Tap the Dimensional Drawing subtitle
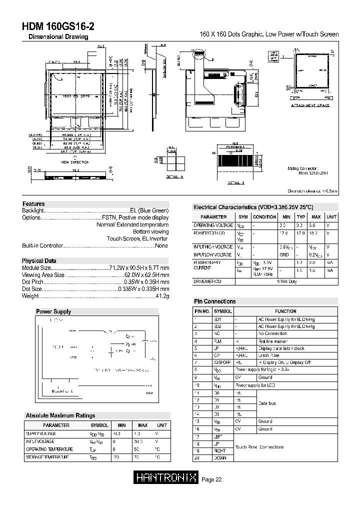[x=58, y=37]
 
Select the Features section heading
[x=33, y=204]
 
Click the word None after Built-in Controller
[x=161, y=246]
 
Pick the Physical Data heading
[x=39, y=261]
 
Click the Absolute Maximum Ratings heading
[x=60, y=415]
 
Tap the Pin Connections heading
[x=214, y=301]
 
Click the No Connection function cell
[x=272, y=333]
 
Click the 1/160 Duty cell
[x=286, y=282]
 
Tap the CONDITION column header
[x=264, y=217]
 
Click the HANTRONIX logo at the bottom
[x=166, y=479]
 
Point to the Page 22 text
[x=211, y=479]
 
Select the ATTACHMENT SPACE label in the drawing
[x=310, y=105]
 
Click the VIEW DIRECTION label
[x=75, y=162]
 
